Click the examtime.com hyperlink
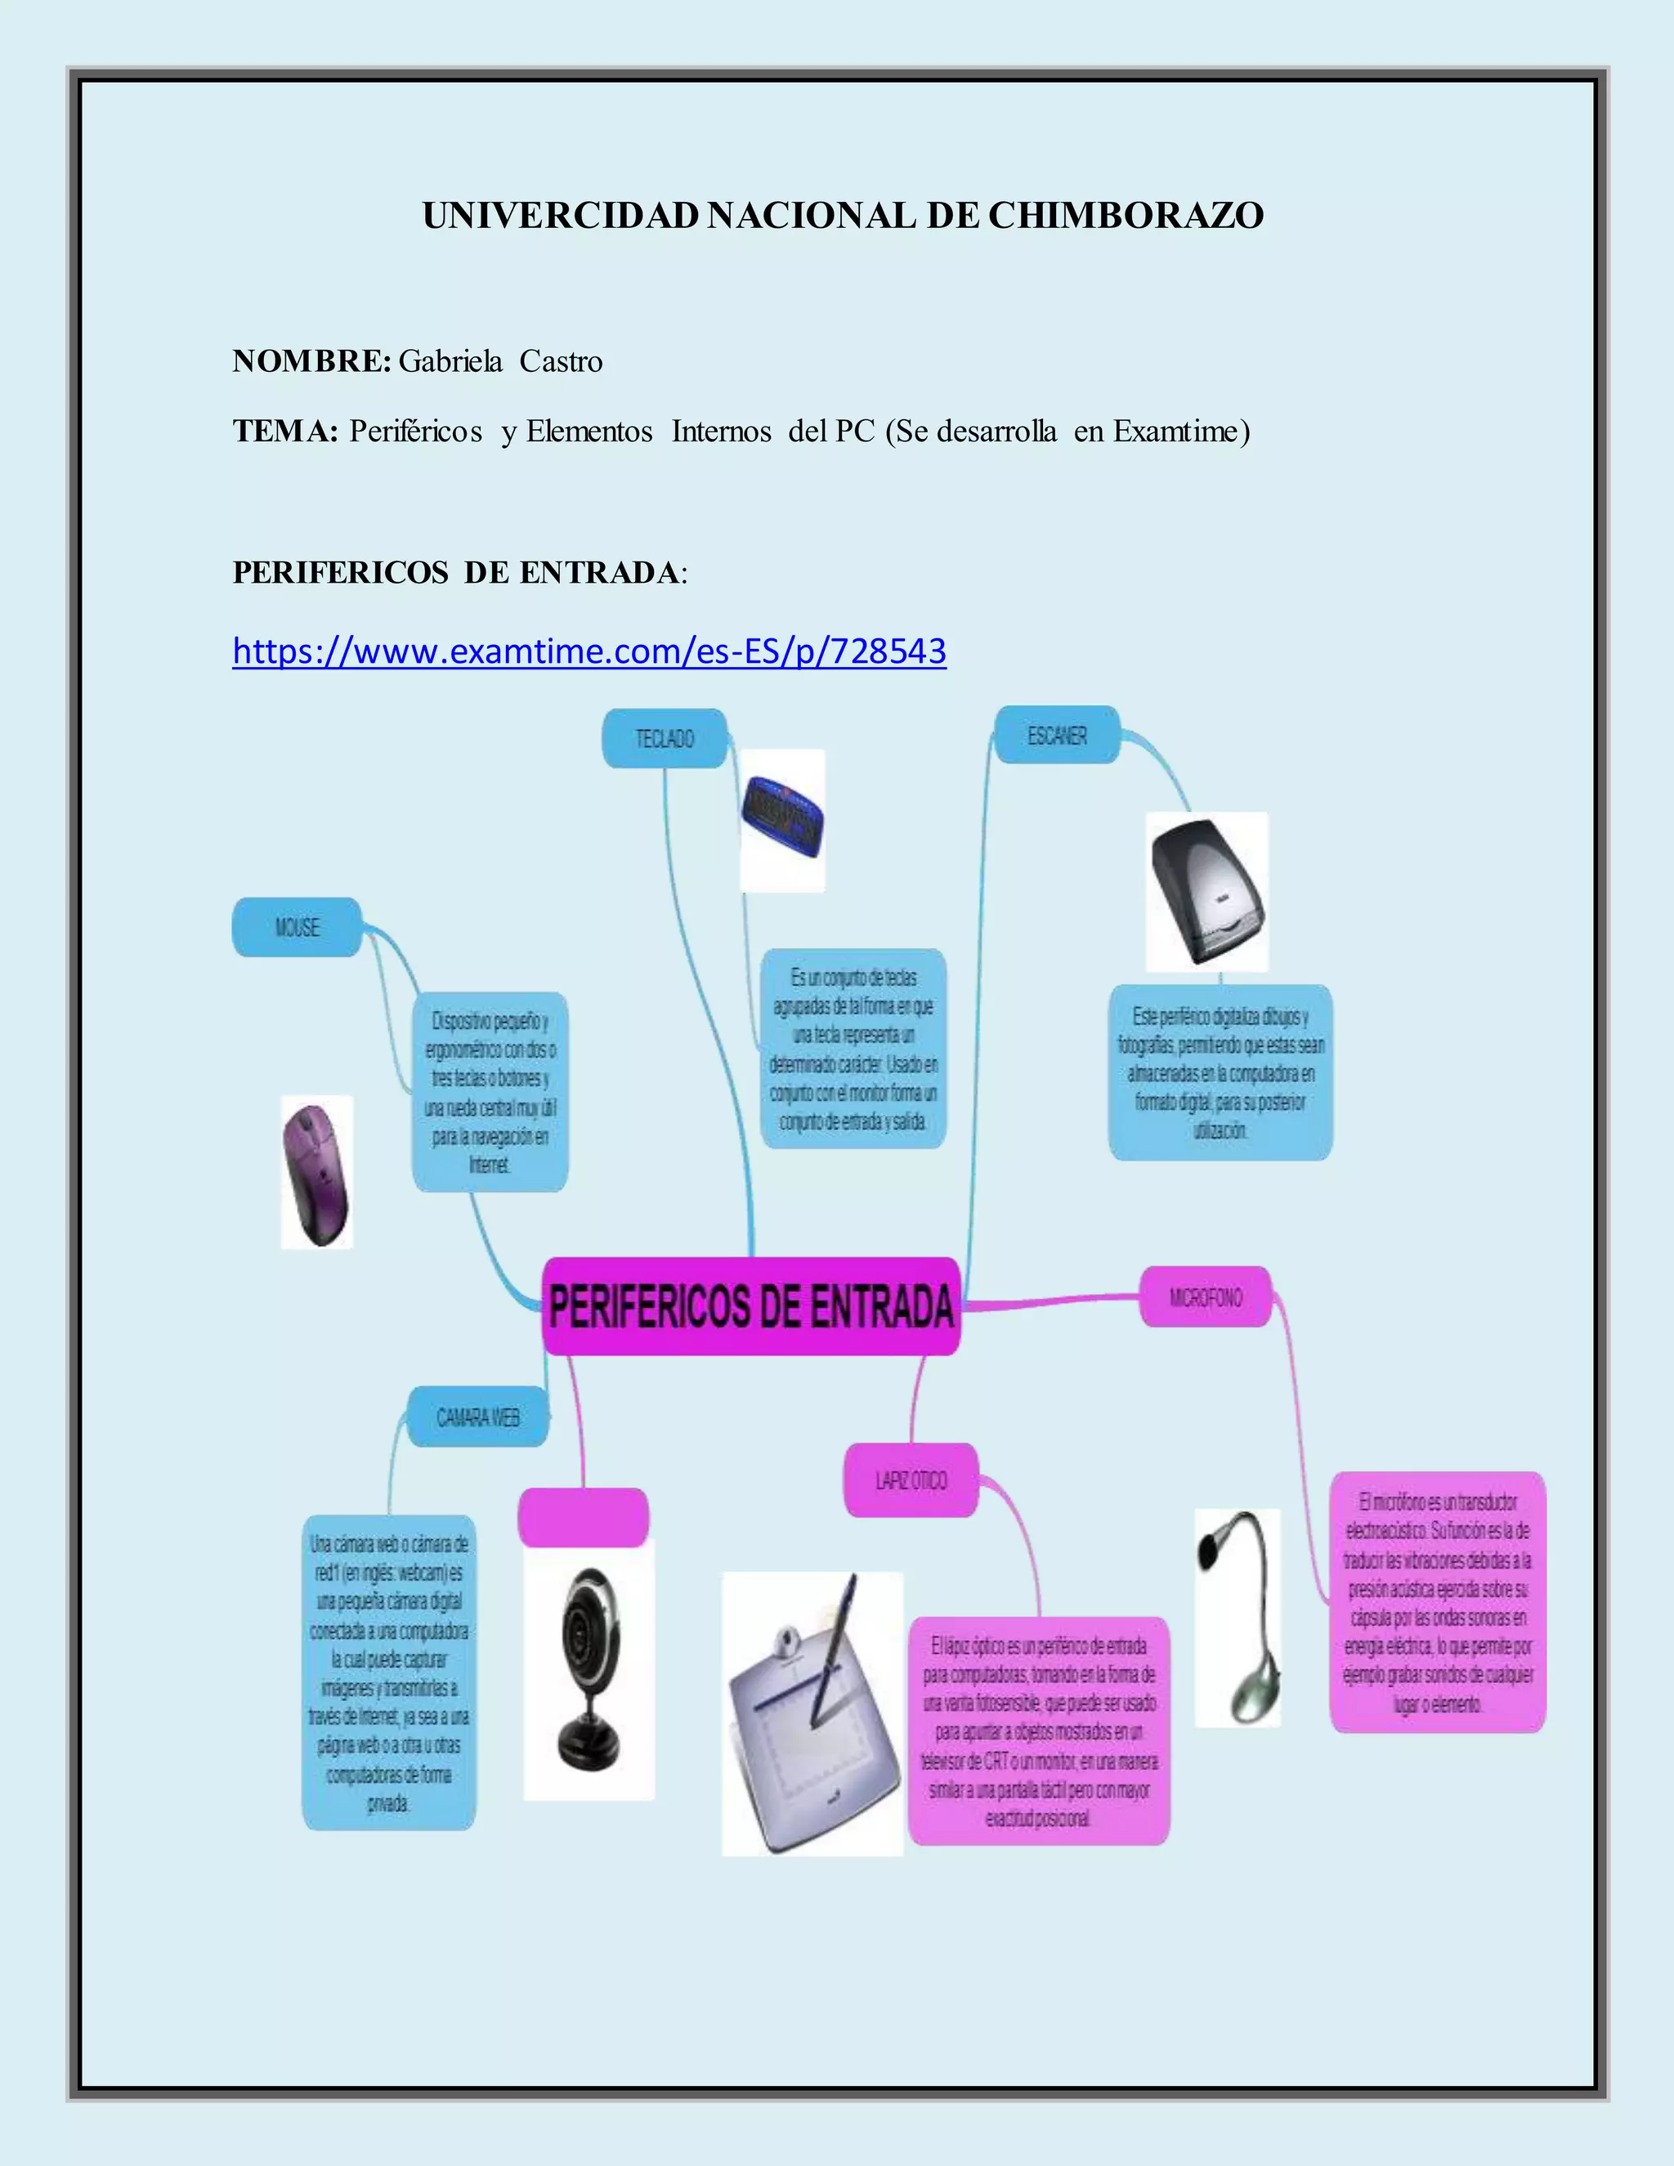(x=589, y=651)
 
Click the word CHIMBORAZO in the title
(x=1126, y=217)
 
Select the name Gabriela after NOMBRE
(x=450, y=361)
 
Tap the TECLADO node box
(x=665, y=739)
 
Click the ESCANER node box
(x=1056, y=736)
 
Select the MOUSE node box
(x=297, y=928)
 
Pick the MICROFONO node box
(x=1205, y=1297)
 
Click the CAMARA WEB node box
(x=477, y=1417)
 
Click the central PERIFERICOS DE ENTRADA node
(x=750, y=1306)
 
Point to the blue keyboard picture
(x=782, y=820)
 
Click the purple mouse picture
(x=316, y=1172)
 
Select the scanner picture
(x=1207, y=892)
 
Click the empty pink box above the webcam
(x=583, y=1517)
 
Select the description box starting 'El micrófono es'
(x=1437, y=1603)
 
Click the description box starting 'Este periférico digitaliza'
(x=1220, y=1073)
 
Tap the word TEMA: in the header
(x=285, y=432)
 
